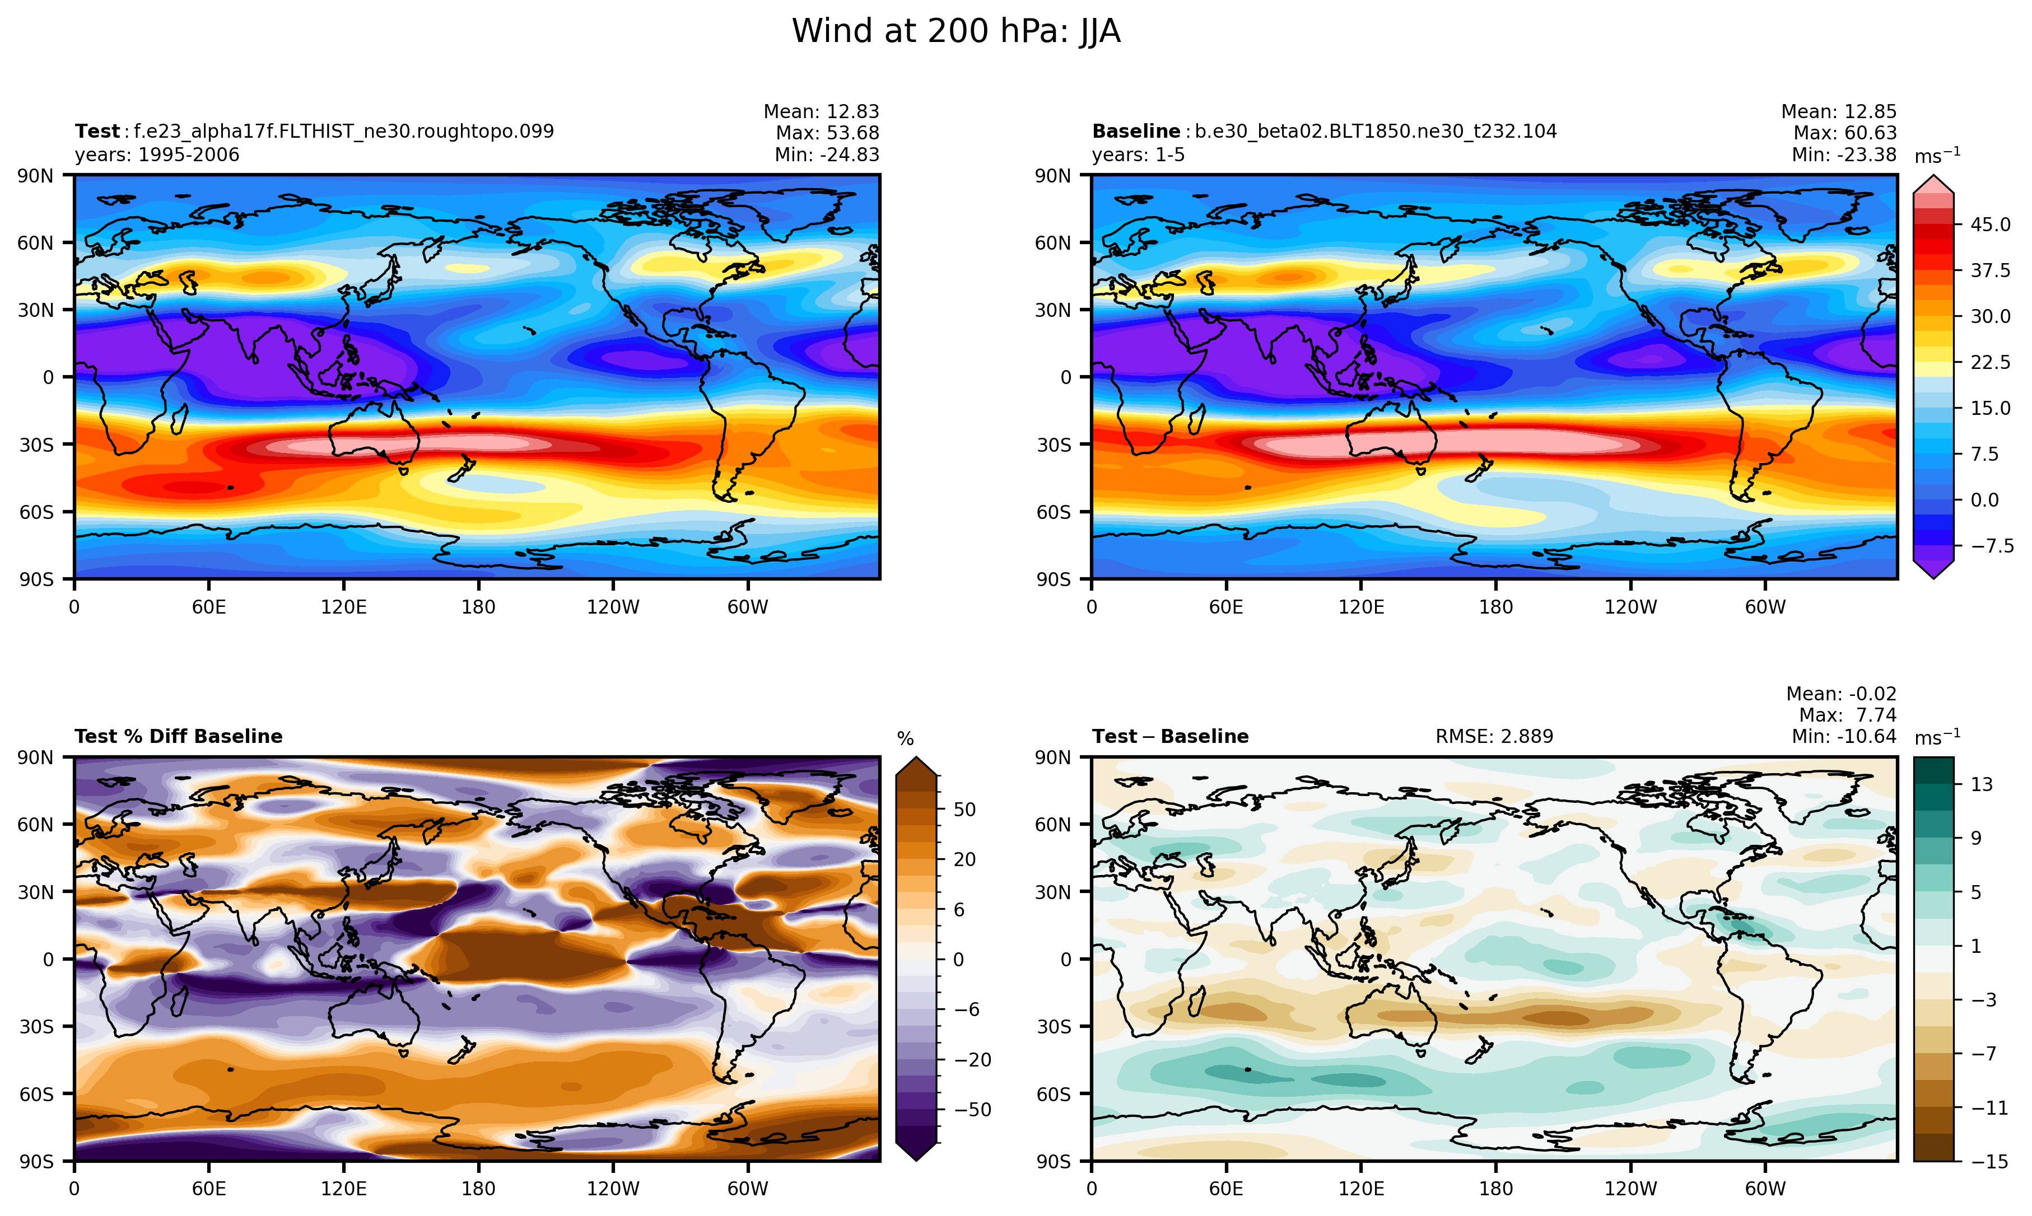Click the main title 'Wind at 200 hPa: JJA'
pyautogui.click(x=956, y=32)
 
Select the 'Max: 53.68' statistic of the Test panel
pyautogui.click(x=827, y=133)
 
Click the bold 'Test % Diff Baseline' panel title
pyautogui.click(x=178, y=737)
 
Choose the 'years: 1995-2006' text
pyautogui.click(x=157, y=155)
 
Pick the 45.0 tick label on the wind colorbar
pyautogui.click(x=1990, y=225)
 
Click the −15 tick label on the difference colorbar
pyautogui.click(x=1986, y=1161)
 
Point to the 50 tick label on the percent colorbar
pyautogui.click(x=965, y=810)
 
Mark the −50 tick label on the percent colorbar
pyautogui.click(x=972, y=1110)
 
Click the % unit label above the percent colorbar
pyautogui.click(x=905, y=739)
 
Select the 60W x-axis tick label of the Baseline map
pyautogui.click(x=1765, y=607)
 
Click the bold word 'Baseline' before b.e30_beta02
pyautogui.click(x=1135, y=131)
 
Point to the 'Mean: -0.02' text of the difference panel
pyautogui.click(x=1841, y=694)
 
